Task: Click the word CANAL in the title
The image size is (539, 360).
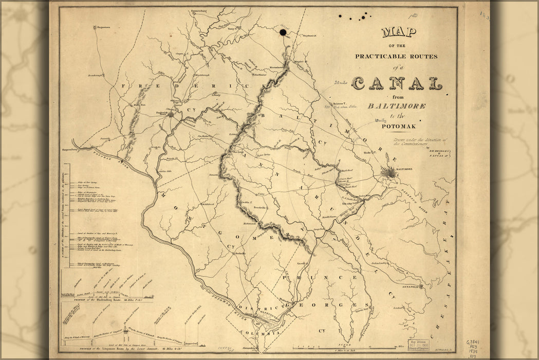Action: click(x=396, y=83)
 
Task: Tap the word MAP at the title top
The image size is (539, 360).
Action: click(x=399, y=33)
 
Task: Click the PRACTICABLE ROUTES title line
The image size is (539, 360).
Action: click(x=396, y=56)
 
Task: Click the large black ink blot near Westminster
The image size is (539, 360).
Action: click(x=283, y=33)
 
